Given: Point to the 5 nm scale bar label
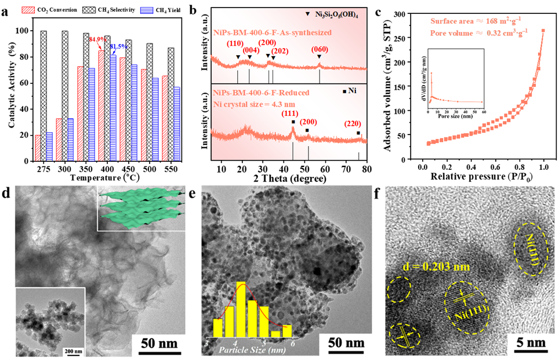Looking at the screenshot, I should (530, 342).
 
